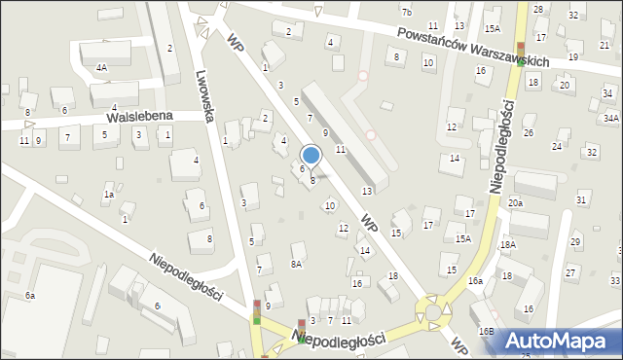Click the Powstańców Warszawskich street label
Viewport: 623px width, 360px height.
pyautogui.click(x=472, y=46)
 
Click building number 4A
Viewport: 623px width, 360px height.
pyautogui.click(x=101, y=68)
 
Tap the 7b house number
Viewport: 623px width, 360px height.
pyautogui.click(x=406, y=12)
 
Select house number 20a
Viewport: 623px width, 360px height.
pyautogui.click(x=514, y=202)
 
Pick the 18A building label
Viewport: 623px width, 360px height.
pyautogui.click(x=507, y=244)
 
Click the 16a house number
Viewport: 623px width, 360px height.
pyautogui.click(x=474, y=280)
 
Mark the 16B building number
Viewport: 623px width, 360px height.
pyautogui.click(x=485, y=332)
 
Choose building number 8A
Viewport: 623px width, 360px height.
pyautogui.click(x=297, y=264)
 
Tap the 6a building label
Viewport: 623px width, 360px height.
pyautogui.click(x=30, y=295)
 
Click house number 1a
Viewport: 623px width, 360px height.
pyautogui.click(x=109, y=195)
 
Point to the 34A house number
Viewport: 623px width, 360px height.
pyautogui.click(x=610, y=118)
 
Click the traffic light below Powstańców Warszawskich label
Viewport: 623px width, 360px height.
pyautogui.click(x=520, y=51)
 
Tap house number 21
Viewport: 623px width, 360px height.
pyautogui.click(x=605, y=46)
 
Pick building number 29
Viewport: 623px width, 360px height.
pyautogui.click(x=575, y=241)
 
